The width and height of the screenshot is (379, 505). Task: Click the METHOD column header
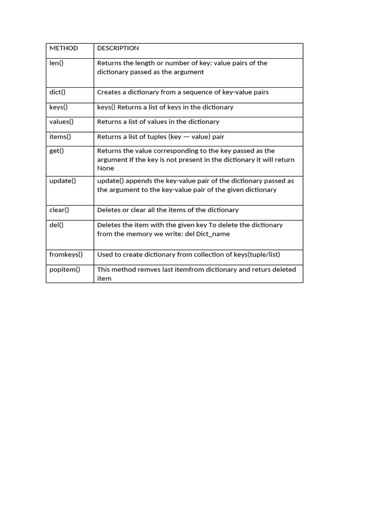pos(64,48)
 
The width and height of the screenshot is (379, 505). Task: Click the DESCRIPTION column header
pos(118,48)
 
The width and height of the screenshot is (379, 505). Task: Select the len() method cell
pos(57,63)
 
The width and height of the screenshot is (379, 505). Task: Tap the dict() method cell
pos(58,92)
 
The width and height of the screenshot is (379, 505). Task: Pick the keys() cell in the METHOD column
pos(59,107)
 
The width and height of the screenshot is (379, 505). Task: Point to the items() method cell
pos(60,137)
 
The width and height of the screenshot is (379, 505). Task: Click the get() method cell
pos(57,151)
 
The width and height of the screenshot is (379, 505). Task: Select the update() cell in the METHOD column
pos(63,180)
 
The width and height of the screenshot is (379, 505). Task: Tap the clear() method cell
pos(59,210)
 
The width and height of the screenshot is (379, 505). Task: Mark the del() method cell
pos(57,225)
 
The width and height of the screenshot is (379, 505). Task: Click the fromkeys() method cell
pos(66,254)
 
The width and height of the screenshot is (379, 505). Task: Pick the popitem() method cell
pos(65,270)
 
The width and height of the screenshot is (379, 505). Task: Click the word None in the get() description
pos(106,168)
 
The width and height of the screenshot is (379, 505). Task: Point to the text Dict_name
pos(213,234)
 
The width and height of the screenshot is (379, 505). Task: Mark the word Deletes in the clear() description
pos(109,210)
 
